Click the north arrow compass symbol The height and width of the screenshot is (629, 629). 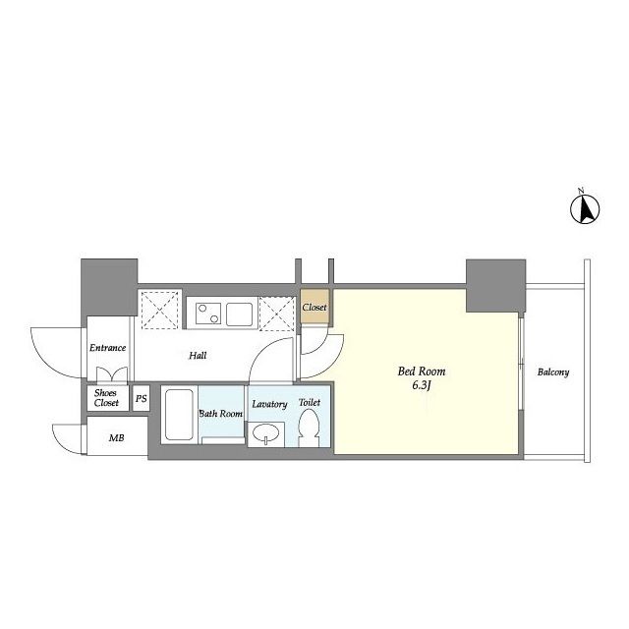coord(585,208)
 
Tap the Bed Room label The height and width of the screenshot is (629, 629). coord(422,372)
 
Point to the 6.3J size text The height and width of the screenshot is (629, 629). coord(422,386)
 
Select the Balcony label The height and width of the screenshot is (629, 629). coord(553,372)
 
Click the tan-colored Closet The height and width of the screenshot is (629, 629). coord(314,307)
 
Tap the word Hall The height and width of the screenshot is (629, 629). coord(198,356)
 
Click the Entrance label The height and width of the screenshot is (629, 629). coord(107,348)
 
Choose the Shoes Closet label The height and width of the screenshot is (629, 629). coord(106,398)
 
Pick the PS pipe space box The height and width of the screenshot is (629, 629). coord(142,398)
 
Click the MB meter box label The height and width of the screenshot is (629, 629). coord(116,438)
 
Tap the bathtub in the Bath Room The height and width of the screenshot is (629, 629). coord(179,415)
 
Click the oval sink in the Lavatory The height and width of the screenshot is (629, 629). coord(266,434)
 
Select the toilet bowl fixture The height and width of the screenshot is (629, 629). coord(309,429)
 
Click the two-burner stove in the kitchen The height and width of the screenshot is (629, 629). coord(208,314)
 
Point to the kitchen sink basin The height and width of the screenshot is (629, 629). coord(239,314)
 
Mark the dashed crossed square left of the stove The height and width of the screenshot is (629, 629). coord(159,311)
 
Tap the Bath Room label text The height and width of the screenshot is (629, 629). coord(220,413)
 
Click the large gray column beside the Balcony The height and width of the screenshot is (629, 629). coord(495,286)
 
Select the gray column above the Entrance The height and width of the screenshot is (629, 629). coord(109,287)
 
